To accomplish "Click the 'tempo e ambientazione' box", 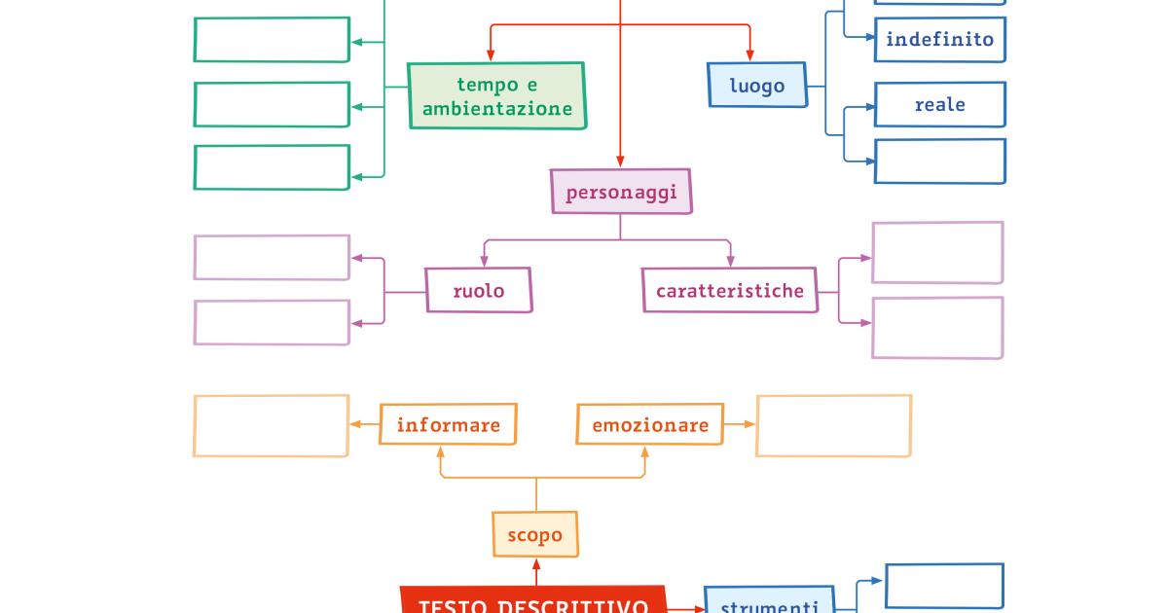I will [496, 96].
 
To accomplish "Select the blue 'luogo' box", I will [757, 85].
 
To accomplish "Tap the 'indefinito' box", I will [939, 40].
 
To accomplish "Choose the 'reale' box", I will [939, 104].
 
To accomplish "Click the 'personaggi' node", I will [621, 192].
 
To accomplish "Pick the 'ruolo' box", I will [479, 290].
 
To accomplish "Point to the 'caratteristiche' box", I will [729, 290].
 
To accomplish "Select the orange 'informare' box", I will [448, 424].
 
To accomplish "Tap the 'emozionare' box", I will [650, 424].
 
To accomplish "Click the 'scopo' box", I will [535, 534].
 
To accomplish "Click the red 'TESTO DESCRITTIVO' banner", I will [533, 603].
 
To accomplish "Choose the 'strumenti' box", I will [769, 603].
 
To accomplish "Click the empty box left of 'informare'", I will [272, 425].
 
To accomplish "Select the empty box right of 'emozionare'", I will [833, 425].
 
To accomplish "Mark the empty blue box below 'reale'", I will [939, 161].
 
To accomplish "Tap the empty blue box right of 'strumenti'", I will [944, 586].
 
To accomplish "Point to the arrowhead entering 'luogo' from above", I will [749, 56].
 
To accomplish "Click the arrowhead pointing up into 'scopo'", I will [535, 563].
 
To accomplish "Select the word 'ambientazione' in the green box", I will [496, 109].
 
